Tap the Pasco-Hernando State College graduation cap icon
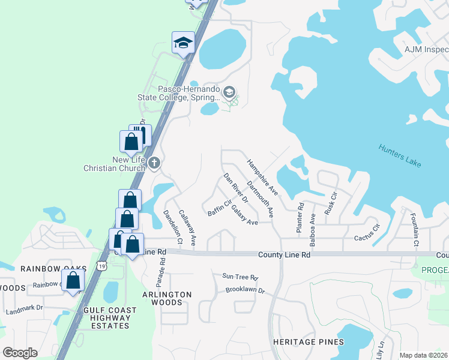(x=228, y=92)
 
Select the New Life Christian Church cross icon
(x=154, y=163)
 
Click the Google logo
(x=20, y=353)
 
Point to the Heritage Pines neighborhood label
(x=309, y=341)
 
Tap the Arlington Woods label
(x=167, y=298)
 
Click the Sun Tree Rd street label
(x=240, y=277)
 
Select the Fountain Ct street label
(x=414, y=229)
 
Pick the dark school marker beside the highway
(x=183, y=43)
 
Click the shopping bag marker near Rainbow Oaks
(x=73, y=280)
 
